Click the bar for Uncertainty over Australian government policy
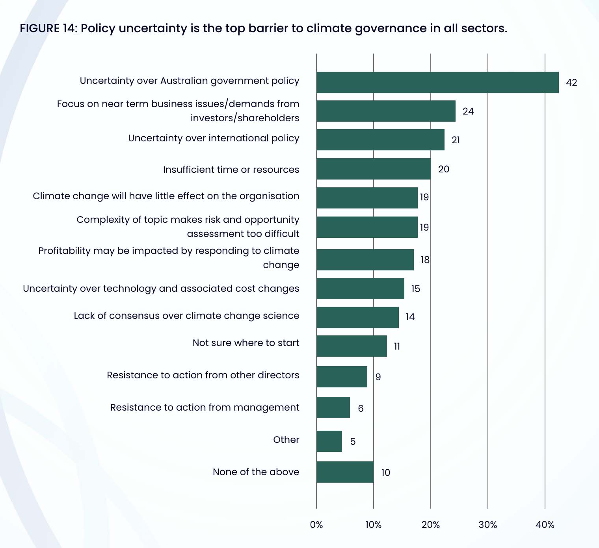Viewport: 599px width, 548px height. tap(437, 82)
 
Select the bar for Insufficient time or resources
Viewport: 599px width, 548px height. tap(374, 169)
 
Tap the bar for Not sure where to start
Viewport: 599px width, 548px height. tap(352, 346)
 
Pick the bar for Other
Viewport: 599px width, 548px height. tap(329, 441)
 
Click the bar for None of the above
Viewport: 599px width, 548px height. tap(345, 472)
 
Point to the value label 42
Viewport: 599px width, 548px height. tap(571, 83)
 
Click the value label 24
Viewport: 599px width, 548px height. tap(468, 111)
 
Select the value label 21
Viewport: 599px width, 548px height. tap(456, 140)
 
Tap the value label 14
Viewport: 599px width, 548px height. tap(410, 317)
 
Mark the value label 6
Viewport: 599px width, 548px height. tap(361, 409)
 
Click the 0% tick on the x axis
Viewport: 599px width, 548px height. tap(316, 525)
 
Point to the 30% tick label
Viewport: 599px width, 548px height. tap(488, 525)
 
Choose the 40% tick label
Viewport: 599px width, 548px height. tap(545, 525)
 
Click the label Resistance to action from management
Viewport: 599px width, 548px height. tap(205, 407)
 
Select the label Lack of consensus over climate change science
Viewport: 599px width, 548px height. tap(186, 316)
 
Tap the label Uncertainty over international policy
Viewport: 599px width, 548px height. tap(214, 138)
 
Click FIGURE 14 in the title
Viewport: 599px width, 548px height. tap(48, 28)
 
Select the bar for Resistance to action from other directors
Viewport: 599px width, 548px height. tap(342, 377)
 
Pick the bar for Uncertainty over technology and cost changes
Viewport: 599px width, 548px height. tap(360, 289)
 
